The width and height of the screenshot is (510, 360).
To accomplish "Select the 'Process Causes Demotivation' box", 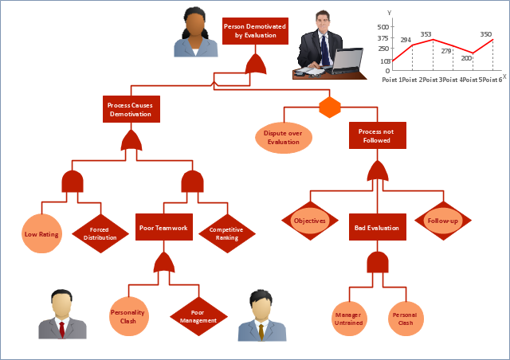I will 131,109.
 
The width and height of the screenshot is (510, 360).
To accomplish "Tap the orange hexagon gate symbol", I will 330,107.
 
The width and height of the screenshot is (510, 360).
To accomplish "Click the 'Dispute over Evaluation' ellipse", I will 283,137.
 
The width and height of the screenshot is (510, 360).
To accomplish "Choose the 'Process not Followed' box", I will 377,135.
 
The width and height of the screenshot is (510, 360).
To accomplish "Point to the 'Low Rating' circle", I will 41,234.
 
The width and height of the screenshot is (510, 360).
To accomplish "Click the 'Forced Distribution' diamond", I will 100,233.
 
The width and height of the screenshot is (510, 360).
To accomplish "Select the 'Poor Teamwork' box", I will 163,228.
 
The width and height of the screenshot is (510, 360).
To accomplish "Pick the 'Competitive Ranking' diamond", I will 226,233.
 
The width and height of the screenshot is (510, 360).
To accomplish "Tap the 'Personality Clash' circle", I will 128,316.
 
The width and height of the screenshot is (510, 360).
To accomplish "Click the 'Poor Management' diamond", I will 198,317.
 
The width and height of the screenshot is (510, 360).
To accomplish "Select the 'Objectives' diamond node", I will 310,221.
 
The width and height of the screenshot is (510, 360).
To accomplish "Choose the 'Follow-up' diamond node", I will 442,221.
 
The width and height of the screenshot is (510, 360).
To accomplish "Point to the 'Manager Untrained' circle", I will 349,319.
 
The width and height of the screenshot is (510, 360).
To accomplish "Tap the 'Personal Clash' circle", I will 406,319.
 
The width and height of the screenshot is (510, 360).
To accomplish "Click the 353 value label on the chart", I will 426,34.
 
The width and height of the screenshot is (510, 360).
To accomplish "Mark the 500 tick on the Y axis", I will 383,26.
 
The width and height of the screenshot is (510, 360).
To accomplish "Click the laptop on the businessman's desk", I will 347,61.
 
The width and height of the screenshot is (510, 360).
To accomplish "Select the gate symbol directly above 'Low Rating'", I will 73,182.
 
